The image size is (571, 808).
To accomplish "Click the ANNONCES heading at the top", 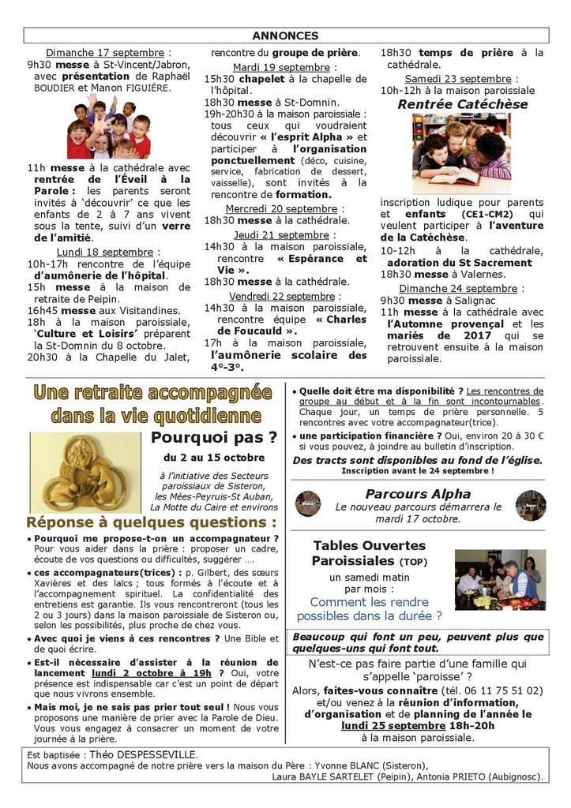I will pyautogui.click(x=285, y=36).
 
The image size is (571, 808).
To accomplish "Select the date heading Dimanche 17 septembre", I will pyautogui.click(x=108, y=53).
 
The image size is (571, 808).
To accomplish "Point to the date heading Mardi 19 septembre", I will pyautogui.click(x=281, y=67).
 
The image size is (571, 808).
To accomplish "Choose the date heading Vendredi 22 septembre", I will pyautogui.click(x=282, y=296).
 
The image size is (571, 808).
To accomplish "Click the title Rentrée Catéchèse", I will pyautogui.click(x=452, y=104).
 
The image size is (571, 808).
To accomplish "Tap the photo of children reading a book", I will pyautogui.click(x=462, y=153).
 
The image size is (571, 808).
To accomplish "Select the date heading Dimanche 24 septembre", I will pyautogui.click(x=458, y=289).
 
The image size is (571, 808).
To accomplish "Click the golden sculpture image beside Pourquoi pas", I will pyautogui.click(x=86, y=472).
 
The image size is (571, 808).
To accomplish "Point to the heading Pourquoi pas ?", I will pyautogui.click(x=214, y=437).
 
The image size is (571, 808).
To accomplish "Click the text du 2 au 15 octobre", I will pyautogui.click(x=214, y=458).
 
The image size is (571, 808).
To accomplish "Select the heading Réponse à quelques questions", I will pyautogui.click(x=152, y=522).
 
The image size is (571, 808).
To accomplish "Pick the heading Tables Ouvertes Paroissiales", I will pyautogui.click(x=369, y=553).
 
